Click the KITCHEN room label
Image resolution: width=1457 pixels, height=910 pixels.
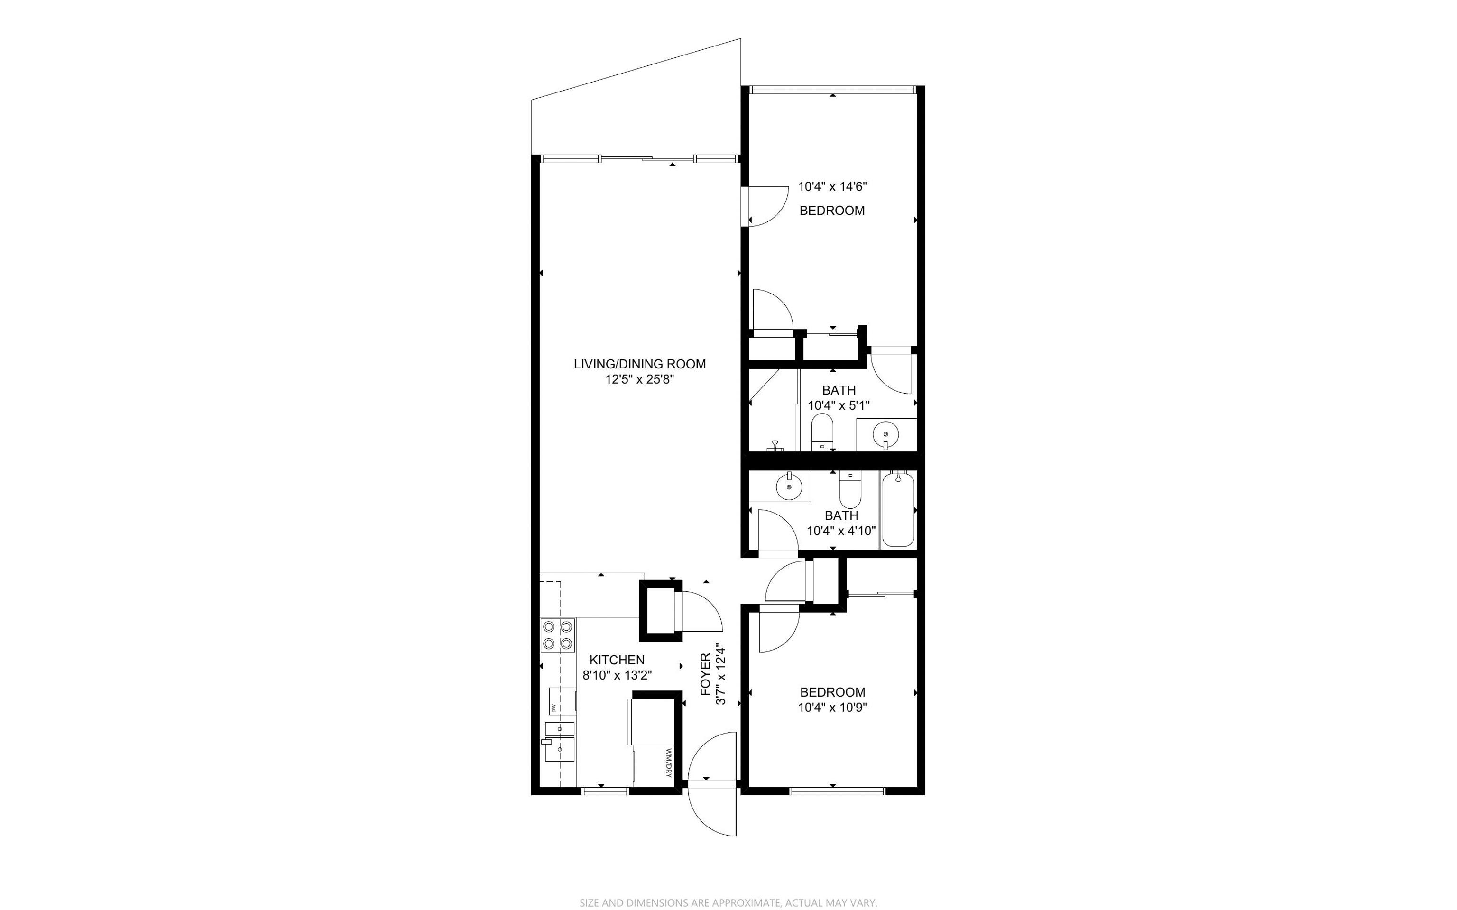pos(617,660)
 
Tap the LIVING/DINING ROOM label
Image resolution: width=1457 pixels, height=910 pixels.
pos(640,364)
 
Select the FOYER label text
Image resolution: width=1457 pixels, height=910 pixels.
pos(706,675)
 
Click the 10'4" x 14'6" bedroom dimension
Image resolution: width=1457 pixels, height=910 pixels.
pos(832,186)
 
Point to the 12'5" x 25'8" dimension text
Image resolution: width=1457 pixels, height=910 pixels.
pos(640,380)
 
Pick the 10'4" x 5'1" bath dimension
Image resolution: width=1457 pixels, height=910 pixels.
pos(839,405)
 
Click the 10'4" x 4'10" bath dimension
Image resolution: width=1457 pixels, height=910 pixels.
pos(841,531)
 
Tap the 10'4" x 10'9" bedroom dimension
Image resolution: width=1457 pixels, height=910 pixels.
pos(832,708)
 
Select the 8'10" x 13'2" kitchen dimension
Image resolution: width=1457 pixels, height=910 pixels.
pos(618,676)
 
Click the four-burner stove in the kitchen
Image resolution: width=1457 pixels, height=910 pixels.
pos(136,635)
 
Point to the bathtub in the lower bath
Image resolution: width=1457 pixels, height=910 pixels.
pos(898,509)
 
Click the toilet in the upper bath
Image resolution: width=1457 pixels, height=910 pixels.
pos(821,432)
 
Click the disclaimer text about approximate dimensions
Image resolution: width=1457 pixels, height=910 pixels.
pos(728,903)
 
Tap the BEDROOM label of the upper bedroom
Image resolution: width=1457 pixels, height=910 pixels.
pos(832,211)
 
